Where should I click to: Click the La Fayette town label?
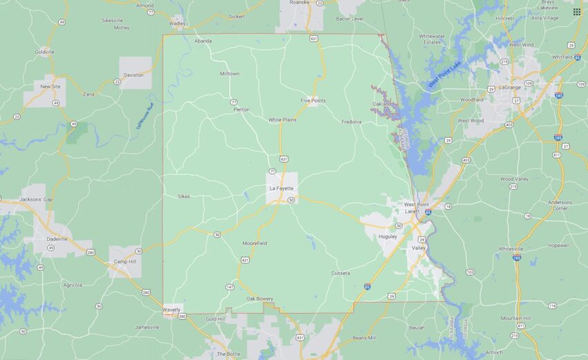tap(281, 188)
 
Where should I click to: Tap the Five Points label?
tap(313, 100)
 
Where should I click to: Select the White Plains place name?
tap(282, 120)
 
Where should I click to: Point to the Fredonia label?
tap(351, 122)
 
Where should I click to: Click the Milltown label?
tap(230, 73)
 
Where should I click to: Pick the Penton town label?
tap(241, 109)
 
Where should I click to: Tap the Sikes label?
tap(183, 196)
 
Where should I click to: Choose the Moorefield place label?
tap(255, 244)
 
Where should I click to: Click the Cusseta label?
tap(340, 273)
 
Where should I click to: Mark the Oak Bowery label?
tap(259, 298)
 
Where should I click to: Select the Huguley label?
tap(388, 236)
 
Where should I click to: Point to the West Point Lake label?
tap(444, 73)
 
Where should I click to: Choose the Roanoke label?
tap(299, 2)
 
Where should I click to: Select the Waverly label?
tap(171, 309)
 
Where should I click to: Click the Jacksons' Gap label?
tap(36, 199)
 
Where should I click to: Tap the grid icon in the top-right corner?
tap(576, 12)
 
